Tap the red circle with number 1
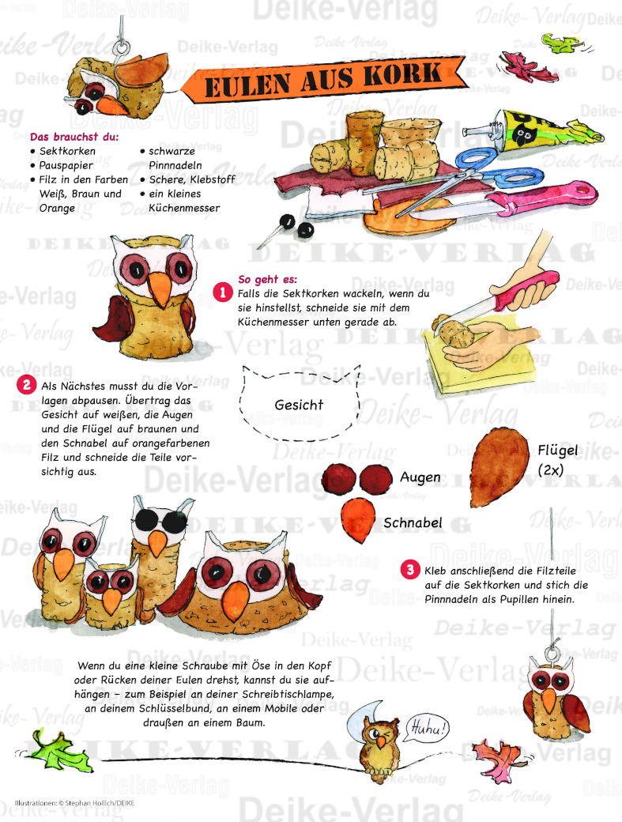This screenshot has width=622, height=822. pyautogui.click(x=223, y=292)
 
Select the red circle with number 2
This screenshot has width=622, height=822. pyautogui.click(x=27, y=385)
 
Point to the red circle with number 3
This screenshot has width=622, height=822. pyautogui.click(x=410, y=569)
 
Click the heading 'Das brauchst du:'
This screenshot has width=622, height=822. pyautogui.click(x=74, y=137)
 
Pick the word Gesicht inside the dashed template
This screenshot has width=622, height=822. pyautogui.click(x=299, y=405)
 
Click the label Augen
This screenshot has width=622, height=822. pyautogui.click(x=420, y=477)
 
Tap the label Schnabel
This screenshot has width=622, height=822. pyautogui.click(x=413, y=522)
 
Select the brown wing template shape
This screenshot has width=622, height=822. pyautogui.click(x=499, y=467)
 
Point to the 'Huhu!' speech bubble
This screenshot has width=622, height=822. pyautogui.click(x=427, y=728)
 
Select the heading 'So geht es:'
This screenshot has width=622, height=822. pyautogui.click(x=267, y=280)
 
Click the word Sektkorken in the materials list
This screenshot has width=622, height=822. pyautogui.click(x=68, y=151)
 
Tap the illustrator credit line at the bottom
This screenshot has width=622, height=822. pyautogui.click(x=74, y=802)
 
